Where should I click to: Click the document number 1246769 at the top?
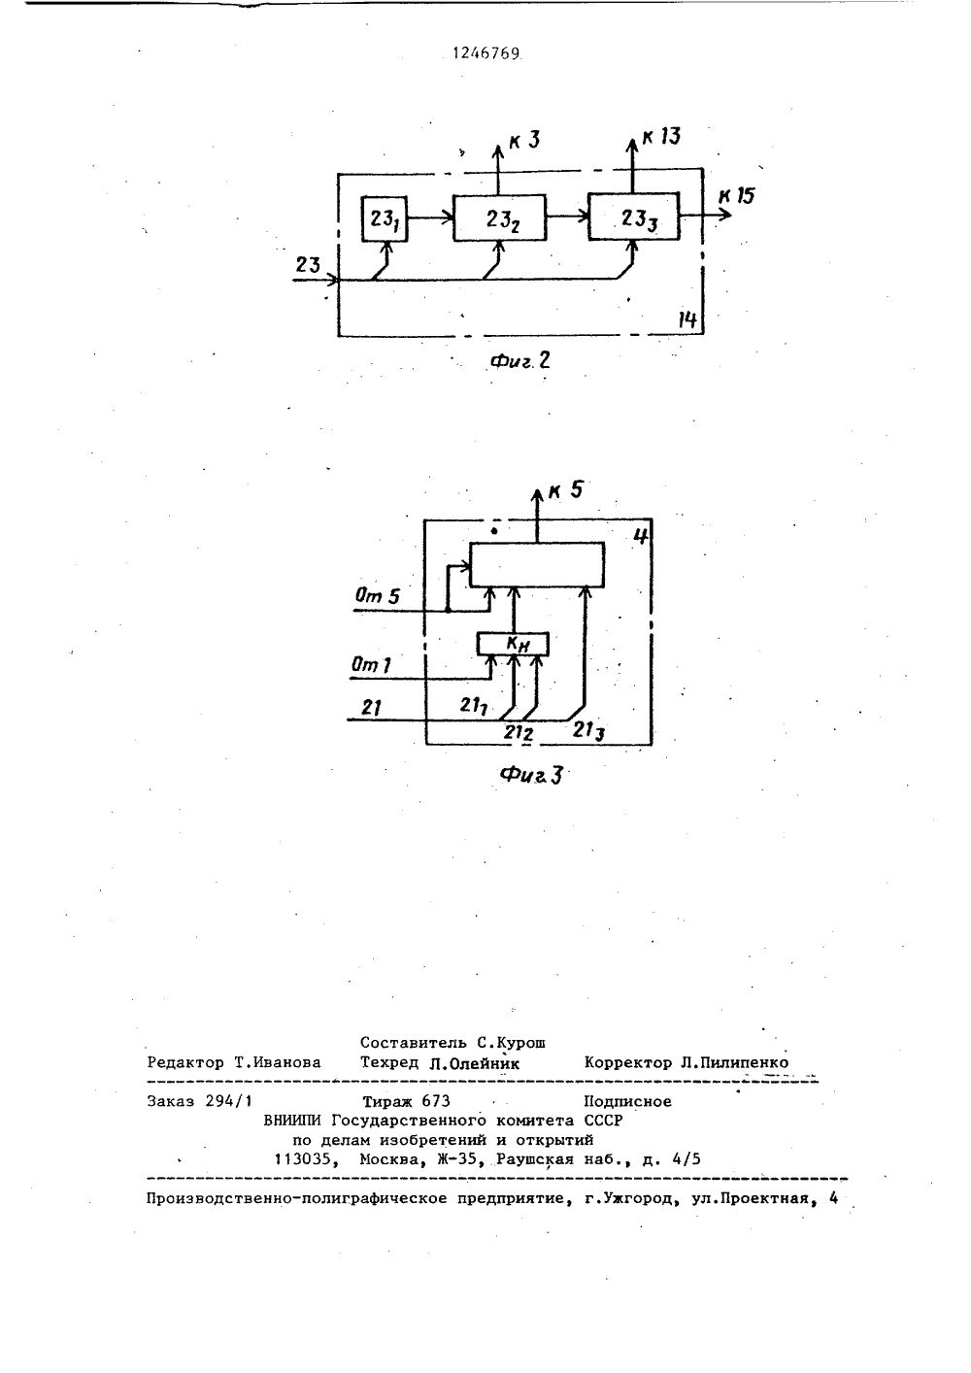(x=486, y=53)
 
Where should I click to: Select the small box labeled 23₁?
(x=385, y=218)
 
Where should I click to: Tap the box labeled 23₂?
(x=500, y=218)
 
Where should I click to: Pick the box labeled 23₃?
(x=634, y=217)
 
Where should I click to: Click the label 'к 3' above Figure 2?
(x=524, y=141)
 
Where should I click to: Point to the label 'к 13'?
(x=661, y=137)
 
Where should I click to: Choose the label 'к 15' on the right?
(x=737, y=196)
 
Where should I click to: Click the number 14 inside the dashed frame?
(x=687, y=320)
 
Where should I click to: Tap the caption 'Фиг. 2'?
(x=519, y=361)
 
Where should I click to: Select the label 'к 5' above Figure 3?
(x=566, y=490)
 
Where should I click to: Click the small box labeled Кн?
(x=513, y=644)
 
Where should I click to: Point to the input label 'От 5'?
(x=377, y=595)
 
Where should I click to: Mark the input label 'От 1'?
(x=371, y=664)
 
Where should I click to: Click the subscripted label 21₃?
(x=588, y=730)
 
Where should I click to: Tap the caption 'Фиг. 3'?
(x=531, y=775)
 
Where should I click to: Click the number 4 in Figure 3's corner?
(x=640, y=536)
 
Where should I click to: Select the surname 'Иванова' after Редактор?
(x=285, y=1062)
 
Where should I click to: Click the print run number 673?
(x=436, y=1101)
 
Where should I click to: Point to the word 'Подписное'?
(x=627, y=1102)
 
